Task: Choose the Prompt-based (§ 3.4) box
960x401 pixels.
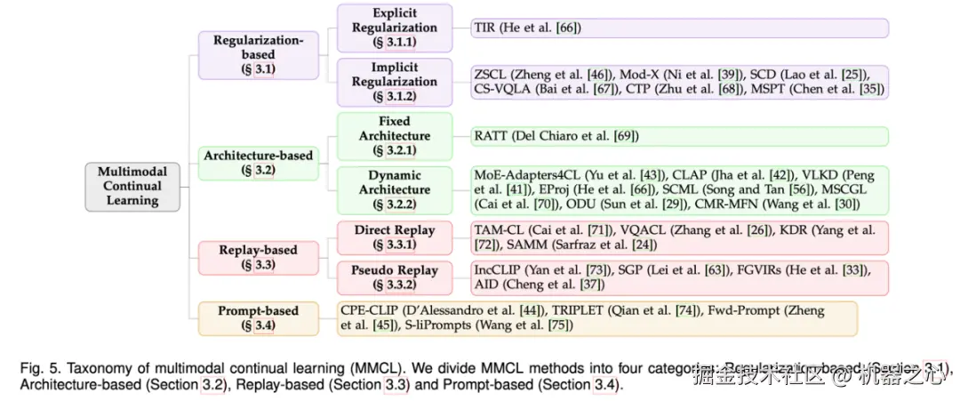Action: tap(258, 318)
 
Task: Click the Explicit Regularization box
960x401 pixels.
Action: tap(394, 28)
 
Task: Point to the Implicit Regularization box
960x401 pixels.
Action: tap(394, 81)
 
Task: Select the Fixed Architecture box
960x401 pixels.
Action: tap(394, 136)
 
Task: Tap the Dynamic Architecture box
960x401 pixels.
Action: tap(394, 189)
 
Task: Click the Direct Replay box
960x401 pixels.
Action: tap(394, 236)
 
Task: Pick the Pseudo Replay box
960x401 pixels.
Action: tap(394, 277)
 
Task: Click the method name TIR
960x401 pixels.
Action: tap(485, 28)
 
